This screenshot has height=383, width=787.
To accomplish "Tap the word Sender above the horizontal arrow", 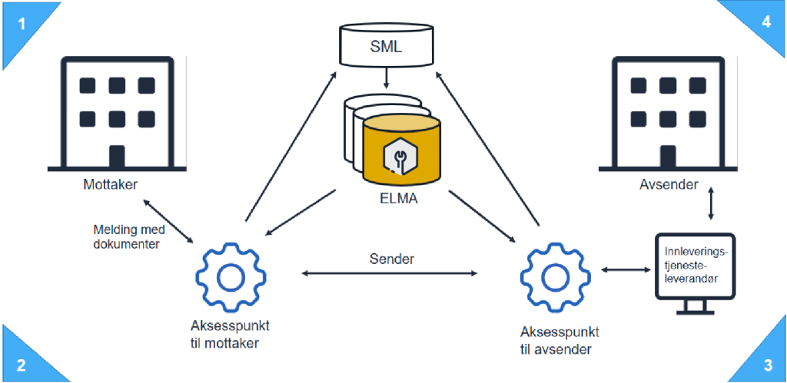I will tap(391, 259).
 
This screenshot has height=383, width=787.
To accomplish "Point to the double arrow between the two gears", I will tap(391, 273).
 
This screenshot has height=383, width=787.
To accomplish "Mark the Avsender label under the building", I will tap(668, 185).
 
